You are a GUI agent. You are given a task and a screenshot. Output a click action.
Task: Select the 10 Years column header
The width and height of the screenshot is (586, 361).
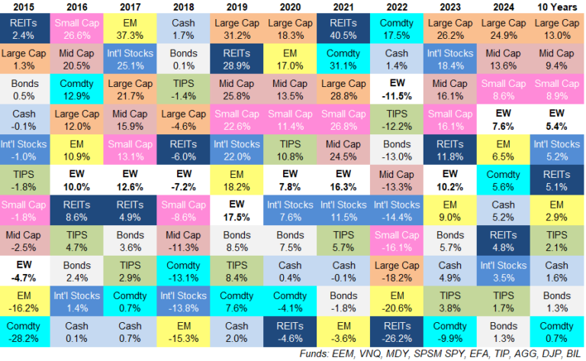[558, 8]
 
